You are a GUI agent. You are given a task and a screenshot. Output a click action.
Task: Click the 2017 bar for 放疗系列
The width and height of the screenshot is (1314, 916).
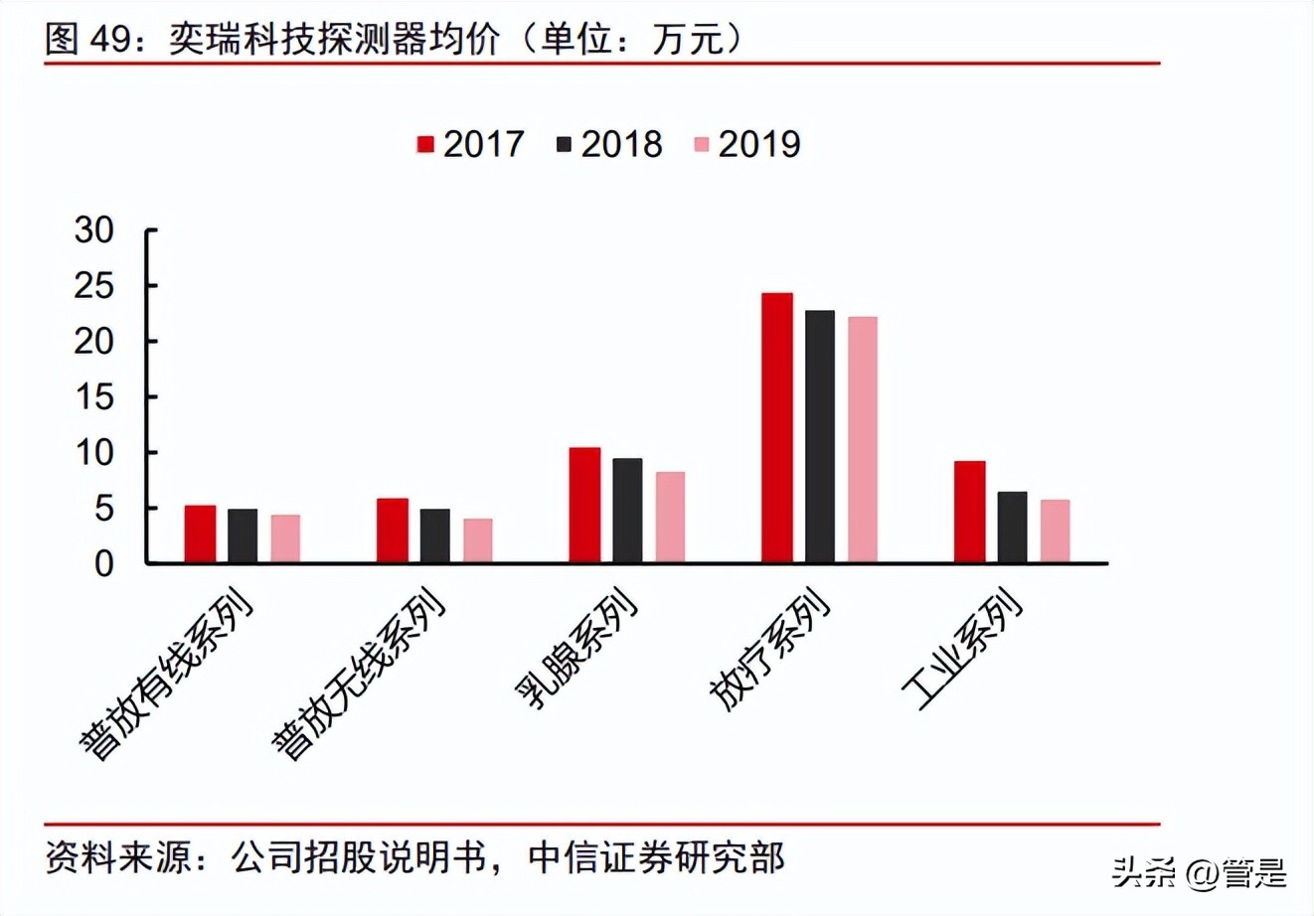tap(777, 427)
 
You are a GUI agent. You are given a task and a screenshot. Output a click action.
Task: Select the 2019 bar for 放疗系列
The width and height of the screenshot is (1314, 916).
tap(863, 439)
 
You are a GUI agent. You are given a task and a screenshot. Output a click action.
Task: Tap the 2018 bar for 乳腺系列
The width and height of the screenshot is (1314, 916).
tap(627, 510)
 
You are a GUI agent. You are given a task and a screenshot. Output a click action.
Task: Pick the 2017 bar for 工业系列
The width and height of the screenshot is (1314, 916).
tap(969, 512)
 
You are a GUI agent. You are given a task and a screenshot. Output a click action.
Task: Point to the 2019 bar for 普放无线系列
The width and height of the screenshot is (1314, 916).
tap(478, 540)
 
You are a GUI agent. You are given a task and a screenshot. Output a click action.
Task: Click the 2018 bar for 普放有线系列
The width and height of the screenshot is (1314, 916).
tap(243, 535)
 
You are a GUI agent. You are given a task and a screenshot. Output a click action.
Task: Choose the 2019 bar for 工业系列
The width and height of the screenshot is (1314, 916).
tap(1056, 531)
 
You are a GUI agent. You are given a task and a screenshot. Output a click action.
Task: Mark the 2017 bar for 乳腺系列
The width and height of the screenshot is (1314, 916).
tap(584, 505)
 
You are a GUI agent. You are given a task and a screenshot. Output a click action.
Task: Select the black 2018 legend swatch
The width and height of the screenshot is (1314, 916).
tap(565, 145)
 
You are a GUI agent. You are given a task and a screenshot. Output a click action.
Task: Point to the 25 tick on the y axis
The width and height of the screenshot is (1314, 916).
tap(94, 286)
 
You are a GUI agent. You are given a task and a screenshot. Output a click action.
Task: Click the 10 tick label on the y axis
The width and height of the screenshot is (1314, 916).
tap(94, 453)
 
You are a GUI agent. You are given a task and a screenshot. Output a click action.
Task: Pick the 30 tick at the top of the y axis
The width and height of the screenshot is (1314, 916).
tap(94, 230)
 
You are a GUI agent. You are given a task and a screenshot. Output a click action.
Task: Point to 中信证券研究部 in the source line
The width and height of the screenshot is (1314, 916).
tap(656, 856)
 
